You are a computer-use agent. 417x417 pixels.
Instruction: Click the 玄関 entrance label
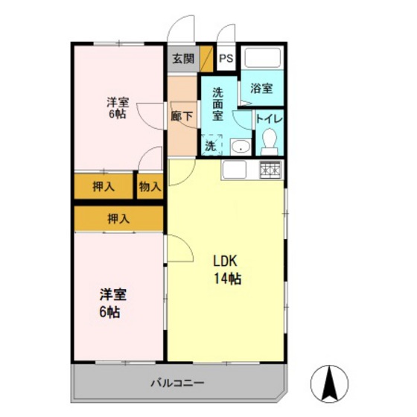182,59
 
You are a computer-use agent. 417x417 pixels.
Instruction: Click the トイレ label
268,118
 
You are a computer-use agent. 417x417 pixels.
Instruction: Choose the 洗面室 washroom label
218,104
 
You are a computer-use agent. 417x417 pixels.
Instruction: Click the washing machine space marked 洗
211,145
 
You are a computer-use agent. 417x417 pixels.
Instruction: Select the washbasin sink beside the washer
239,147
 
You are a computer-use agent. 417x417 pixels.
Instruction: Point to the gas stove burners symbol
270,171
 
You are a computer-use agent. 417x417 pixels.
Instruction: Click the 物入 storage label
150,187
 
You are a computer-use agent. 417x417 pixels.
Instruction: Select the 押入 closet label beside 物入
104,187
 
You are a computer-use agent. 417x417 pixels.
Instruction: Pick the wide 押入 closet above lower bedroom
118,218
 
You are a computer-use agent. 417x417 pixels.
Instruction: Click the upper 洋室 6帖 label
117,108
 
